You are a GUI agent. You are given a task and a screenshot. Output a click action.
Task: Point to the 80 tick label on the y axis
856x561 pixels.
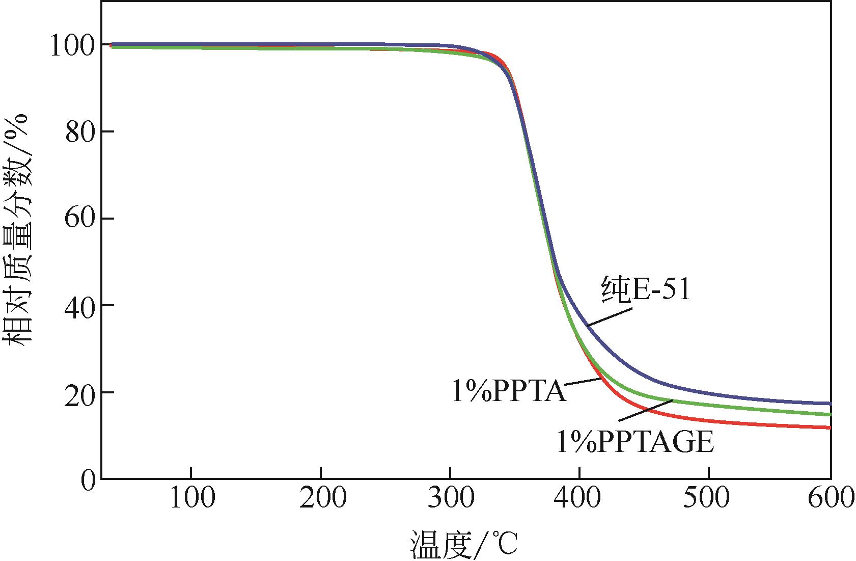(x=79, y=133)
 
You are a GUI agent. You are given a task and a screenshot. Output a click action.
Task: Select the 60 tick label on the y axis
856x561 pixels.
(x=79, y=220)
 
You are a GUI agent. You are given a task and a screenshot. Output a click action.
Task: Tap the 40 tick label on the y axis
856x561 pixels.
(x=79, y=307)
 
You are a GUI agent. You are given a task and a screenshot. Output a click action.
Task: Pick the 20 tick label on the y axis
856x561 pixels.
(x=79, y=394)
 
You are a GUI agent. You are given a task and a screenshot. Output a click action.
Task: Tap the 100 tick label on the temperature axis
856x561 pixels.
(x=191, y=498)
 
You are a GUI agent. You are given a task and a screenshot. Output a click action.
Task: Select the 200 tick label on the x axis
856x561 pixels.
(x=321, y=498)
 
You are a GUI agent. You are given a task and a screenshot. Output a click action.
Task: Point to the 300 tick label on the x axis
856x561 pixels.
(x=450, y=498)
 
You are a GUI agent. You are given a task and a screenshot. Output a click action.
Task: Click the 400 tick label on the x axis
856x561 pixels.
(x=579, y=498)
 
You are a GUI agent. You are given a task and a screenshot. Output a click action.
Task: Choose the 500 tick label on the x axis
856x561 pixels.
(x=709, y=498)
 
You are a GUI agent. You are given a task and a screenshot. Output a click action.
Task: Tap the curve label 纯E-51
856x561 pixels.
(x=646, y=290)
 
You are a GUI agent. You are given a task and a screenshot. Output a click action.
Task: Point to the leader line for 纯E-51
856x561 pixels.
(x=609, y=316)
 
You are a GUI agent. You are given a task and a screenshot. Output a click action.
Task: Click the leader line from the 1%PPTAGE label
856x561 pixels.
(x=645, y=410)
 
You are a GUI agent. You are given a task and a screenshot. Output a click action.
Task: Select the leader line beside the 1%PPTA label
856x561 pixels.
(x=583, y=381)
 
